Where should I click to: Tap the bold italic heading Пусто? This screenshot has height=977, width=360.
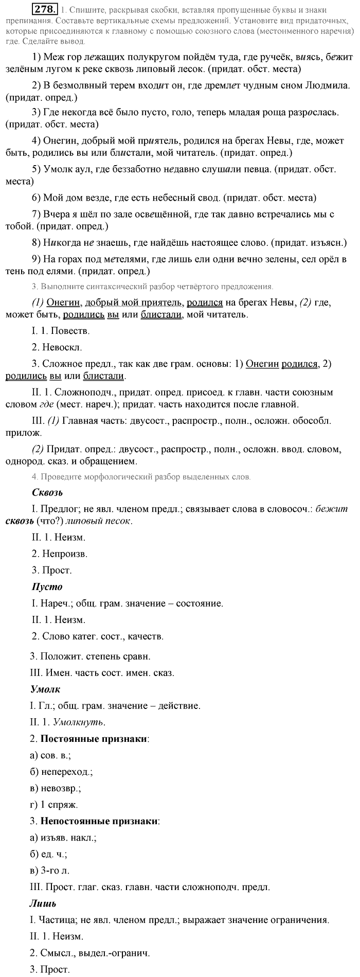[x=47, y=587]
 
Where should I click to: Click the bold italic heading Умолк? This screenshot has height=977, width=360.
[x=46, y=689]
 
